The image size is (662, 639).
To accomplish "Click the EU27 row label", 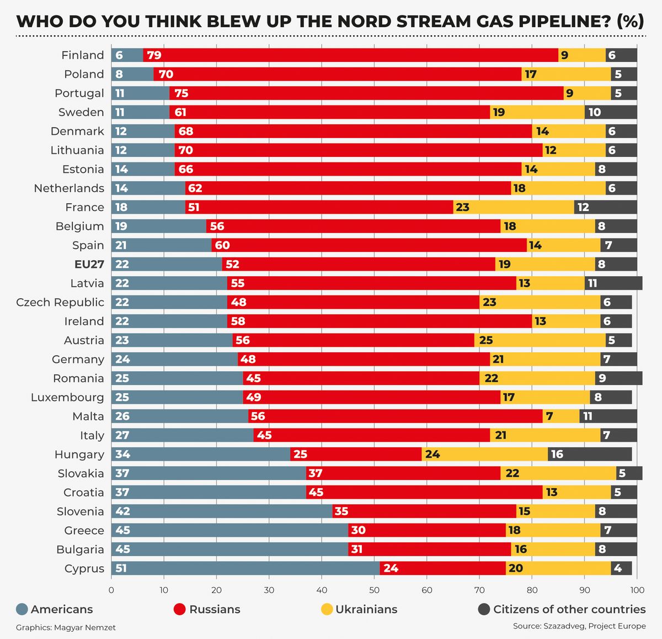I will (89, 265).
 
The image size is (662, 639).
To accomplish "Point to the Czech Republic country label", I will (60, 303).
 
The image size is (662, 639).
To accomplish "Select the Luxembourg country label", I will (67, 398).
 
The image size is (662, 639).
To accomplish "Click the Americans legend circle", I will (22, 610).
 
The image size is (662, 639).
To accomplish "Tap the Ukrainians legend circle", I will (327, 610).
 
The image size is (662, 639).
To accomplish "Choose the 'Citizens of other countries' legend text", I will (569, 610).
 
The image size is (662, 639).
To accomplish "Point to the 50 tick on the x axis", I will (375, 590).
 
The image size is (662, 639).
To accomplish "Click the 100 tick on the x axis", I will (637, 590).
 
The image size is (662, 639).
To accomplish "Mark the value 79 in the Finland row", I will (154, 55).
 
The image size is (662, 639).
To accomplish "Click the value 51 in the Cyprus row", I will (121, 568).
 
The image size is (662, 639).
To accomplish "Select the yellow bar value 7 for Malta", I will (550, 416).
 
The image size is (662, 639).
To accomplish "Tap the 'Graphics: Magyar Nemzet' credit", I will (66, 627).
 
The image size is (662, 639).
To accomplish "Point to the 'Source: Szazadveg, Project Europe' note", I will (579, 626).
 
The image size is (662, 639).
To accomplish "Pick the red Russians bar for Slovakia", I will (403, 473).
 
